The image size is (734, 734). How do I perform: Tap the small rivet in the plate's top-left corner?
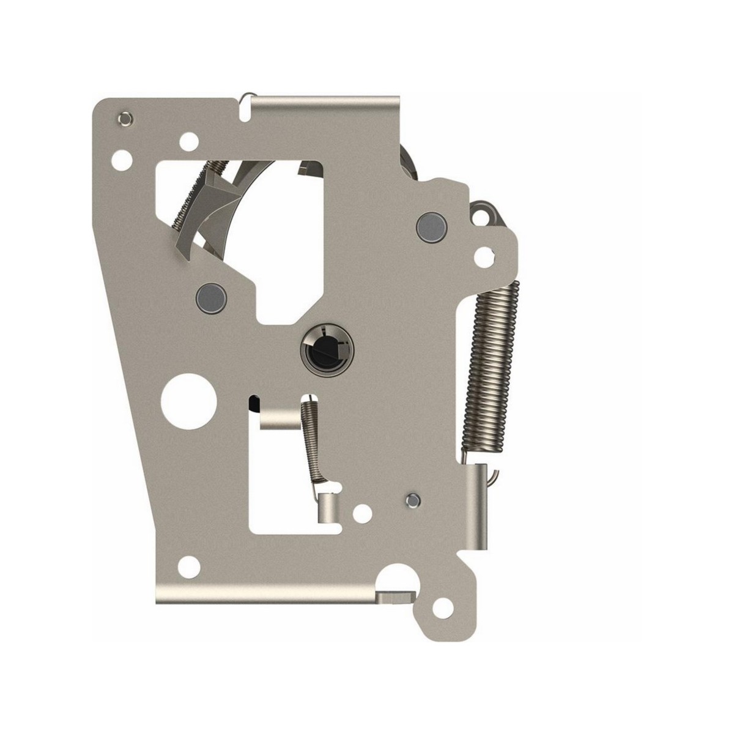click(x=125, y=117)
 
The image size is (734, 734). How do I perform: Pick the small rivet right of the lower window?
click(x=412, y=500)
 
